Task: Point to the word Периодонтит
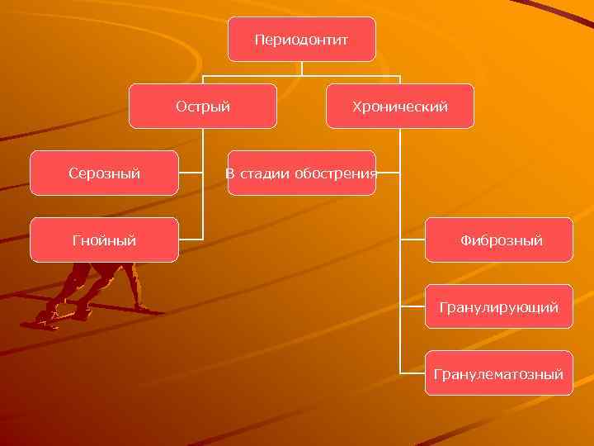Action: click(x=301, y=40)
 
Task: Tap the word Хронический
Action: click(x=399, y=107)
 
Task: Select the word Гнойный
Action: click(x=104, y=240)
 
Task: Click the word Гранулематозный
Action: click(x=498, y=375)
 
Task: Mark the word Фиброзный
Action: click(x=501, y=240)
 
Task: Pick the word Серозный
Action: click(x=104, y=173)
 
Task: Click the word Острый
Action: click(x=203, y=107)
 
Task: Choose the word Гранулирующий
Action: click(x=498, y=307)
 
